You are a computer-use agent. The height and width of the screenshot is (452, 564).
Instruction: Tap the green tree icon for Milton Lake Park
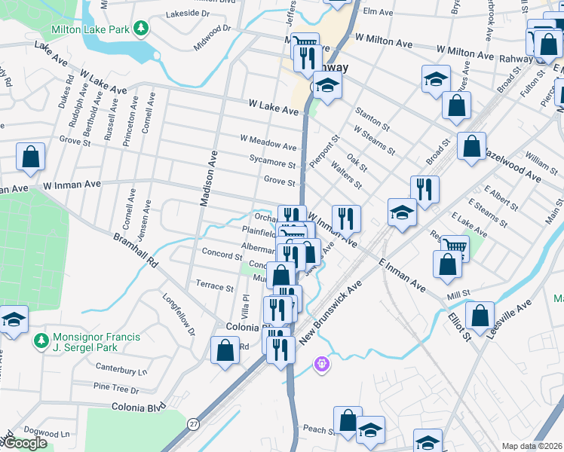coord(140,29)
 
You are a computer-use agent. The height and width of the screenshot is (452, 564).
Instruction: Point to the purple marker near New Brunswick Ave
coord(321,365)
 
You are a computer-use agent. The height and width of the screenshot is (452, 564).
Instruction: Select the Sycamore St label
coord(272,162)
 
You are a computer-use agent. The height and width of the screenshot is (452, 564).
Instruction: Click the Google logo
coord(25,443)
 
